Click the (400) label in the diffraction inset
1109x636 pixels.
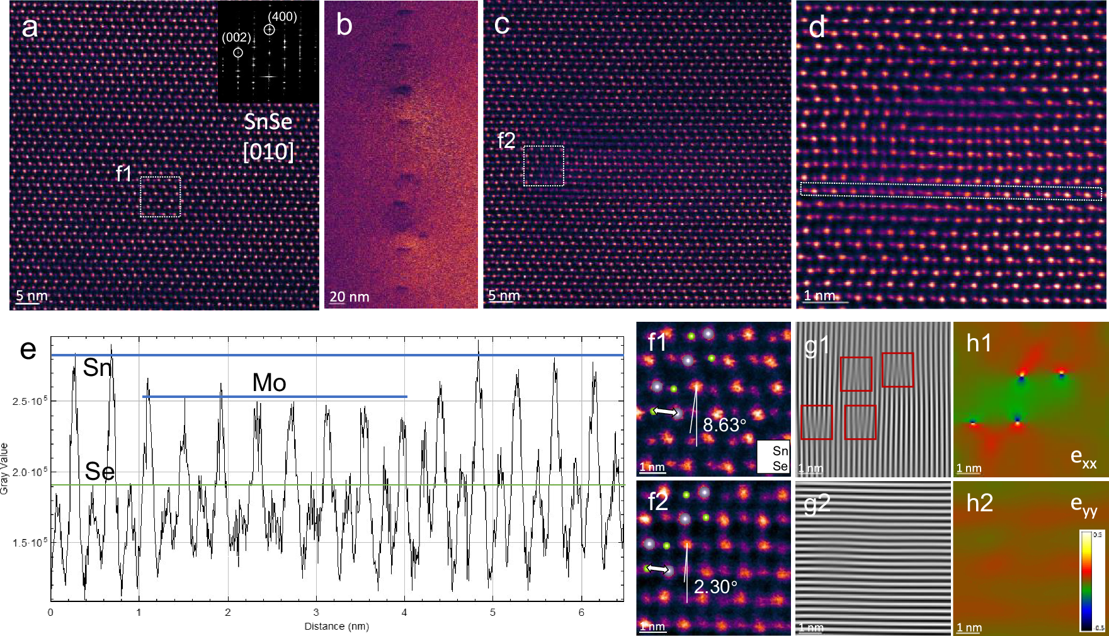[282, 16]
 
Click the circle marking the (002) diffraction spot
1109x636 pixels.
[238, 53]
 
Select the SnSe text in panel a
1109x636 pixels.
[268, 121]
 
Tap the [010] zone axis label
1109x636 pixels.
[268, 151]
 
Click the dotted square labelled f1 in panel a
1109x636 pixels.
[160, 196]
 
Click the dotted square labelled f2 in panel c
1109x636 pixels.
[543, 166]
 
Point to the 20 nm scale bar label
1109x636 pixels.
[349, 297]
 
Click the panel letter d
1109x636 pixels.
[817, 27]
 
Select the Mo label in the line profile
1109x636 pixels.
[269, 382]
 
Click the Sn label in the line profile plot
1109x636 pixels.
[97, 367]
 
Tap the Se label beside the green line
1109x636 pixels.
[100, 471]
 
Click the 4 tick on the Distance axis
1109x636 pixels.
[404, 612]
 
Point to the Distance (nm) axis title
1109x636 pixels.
[336, 626]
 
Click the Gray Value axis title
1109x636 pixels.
[5, 469]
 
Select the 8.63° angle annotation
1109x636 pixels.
[724, 425]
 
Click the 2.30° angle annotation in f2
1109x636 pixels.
[715, 587]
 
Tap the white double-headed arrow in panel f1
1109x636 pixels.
[665, 412]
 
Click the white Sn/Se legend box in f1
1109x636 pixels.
[773, 458]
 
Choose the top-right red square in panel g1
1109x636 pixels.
[897, 370]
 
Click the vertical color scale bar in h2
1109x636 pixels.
[1087, 581]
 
